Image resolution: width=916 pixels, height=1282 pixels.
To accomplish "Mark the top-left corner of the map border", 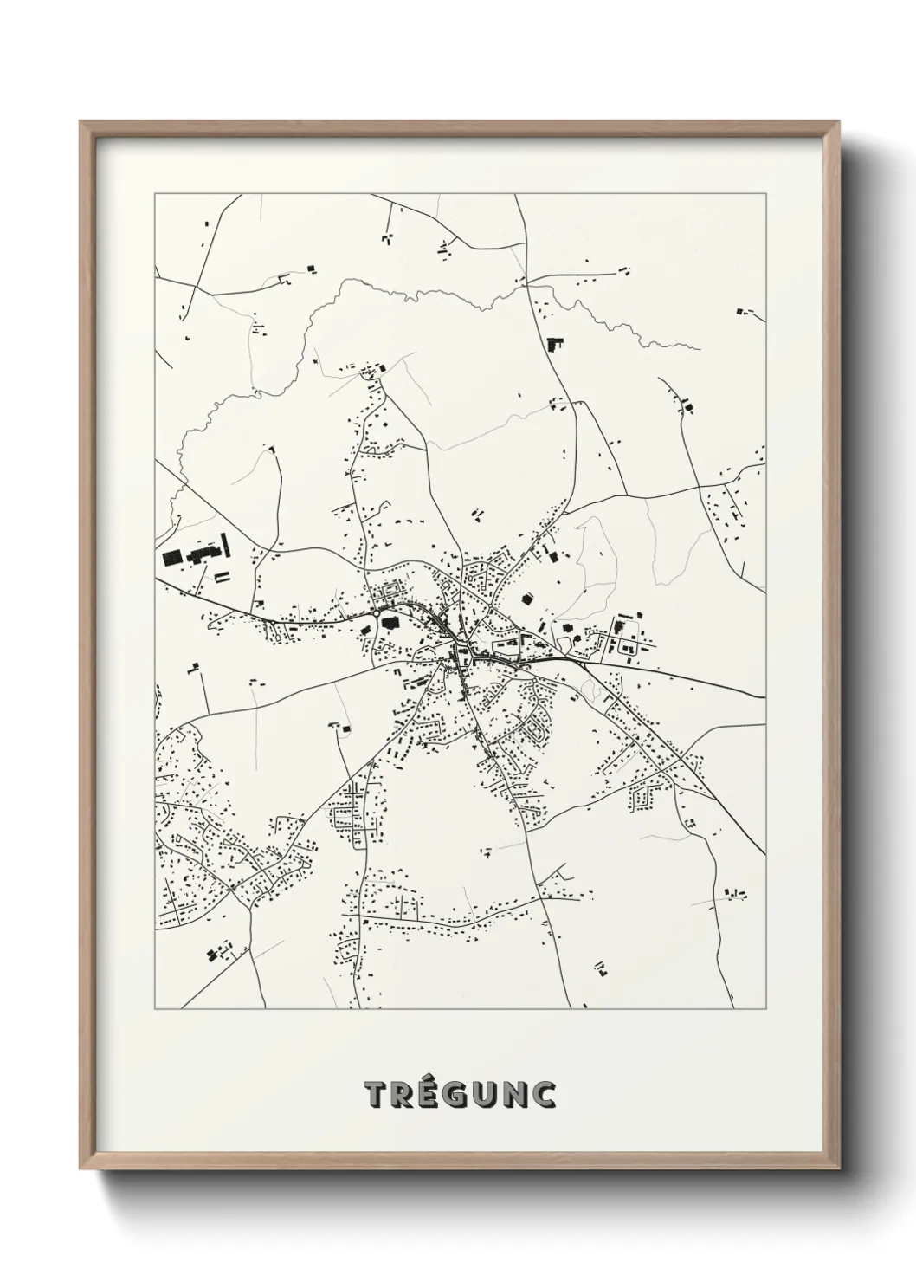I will click(155, 195).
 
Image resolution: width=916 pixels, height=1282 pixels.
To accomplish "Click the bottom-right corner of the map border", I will click(765, 1009).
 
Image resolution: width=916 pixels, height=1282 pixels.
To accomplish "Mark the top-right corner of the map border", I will click(765, 195).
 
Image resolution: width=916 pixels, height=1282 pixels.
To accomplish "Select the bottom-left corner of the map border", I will click(155, 1009).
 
